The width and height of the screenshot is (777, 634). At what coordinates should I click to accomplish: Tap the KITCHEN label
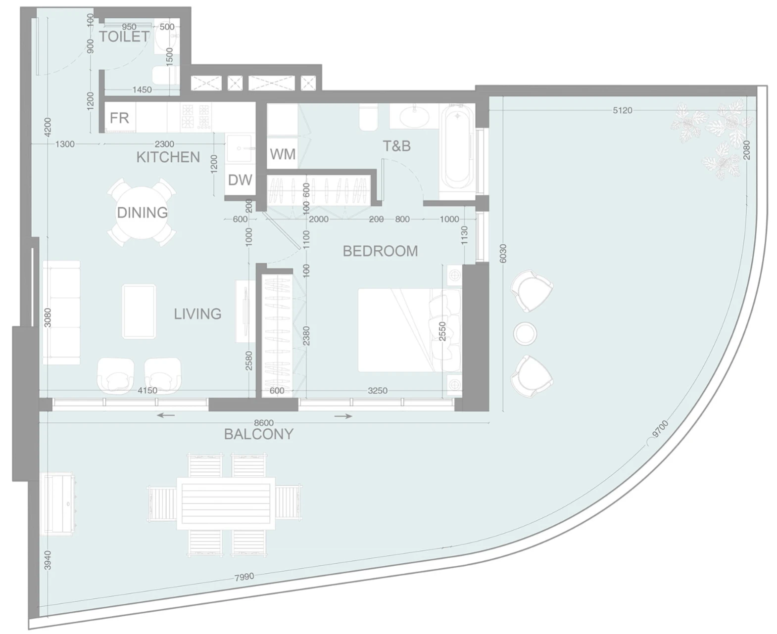pyautogui.click(x=168, y=157)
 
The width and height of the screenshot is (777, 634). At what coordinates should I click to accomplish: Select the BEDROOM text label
pyautogui.click(x=380, y=251)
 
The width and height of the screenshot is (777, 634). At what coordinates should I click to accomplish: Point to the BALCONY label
pyautogui.click(x=259, y=434)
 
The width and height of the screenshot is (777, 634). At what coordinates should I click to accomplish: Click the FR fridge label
pyautogui.click(x=119, y=118)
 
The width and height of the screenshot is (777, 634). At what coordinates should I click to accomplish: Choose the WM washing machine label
pyautogui.click(x=283, y=154)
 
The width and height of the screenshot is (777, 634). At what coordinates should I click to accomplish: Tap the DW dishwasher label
pyautogui.click(x=240, y=180)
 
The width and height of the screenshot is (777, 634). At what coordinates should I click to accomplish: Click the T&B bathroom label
pyautogui.click(x=397, y=146)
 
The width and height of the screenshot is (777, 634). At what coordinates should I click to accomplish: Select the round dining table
pyautogui.click(x=142, y=213)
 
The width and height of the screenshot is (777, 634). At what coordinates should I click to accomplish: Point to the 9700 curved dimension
pyautogui.click(x=660, y=429)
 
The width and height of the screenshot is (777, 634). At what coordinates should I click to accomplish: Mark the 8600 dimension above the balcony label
pyautogui.click(x=264, y=423)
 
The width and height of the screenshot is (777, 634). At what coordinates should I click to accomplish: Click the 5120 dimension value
pyautogui.click(x=622, y=110)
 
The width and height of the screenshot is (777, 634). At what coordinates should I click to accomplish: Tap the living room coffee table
pyautogui.click(x=139, y=311)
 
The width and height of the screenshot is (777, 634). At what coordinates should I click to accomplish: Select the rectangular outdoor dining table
pyautogui.click(x=226, y=503)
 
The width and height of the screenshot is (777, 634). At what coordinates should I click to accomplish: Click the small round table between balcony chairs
pyautogui.click(x=525, y=334)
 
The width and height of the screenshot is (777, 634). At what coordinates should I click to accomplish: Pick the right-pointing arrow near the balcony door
pyautogui.click(x=343, y=416)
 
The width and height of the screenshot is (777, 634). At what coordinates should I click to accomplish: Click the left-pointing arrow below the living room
pyautogui.click(x=166, y=415)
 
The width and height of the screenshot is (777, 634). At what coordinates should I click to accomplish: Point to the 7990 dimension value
pyautogui.click(x=244, y=577)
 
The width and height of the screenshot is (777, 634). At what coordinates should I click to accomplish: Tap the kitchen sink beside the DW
pyautogui.click(x=239, y=148)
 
